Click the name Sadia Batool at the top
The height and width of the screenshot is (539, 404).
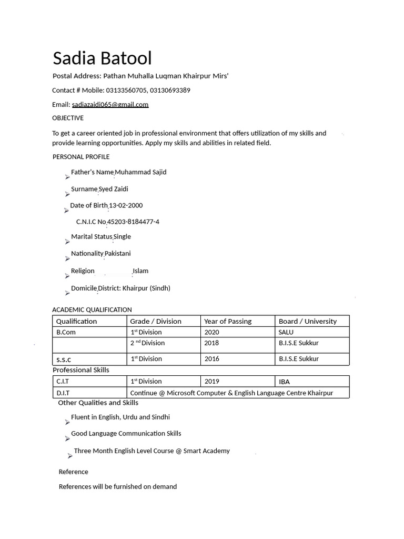coord(102,58)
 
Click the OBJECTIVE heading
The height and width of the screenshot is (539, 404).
coord(67,118)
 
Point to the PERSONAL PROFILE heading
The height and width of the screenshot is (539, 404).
coord(81,157)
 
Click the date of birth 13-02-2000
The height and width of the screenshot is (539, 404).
coord(126,205)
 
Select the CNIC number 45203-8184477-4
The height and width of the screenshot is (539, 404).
coord(134,222)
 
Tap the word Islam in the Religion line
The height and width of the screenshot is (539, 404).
coord(140,271)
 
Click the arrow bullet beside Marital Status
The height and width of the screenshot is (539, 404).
coord(67,242)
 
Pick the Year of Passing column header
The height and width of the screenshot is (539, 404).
coord(228,321)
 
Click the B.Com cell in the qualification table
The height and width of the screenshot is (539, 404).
coord(66,332)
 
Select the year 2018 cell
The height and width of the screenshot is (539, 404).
coord(211,343)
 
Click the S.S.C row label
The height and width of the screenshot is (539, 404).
coord(64,360)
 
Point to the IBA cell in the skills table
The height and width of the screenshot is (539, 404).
coord(284,382)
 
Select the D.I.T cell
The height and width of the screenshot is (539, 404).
coord(63,393)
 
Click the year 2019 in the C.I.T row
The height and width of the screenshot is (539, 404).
coord(211,382)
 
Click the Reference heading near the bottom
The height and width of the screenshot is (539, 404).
coord(73,472)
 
